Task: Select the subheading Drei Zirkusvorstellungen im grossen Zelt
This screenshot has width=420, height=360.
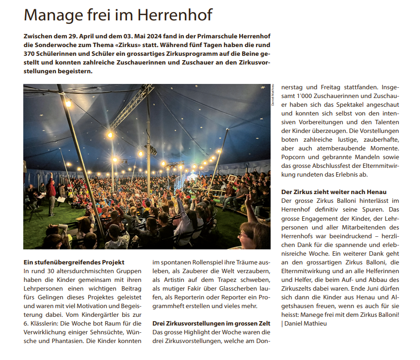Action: (211, 323)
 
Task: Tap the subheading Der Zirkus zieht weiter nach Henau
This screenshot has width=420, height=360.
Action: (334, 192)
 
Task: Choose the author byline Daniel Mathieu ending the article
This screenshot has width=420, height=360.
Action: (307, 323)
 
